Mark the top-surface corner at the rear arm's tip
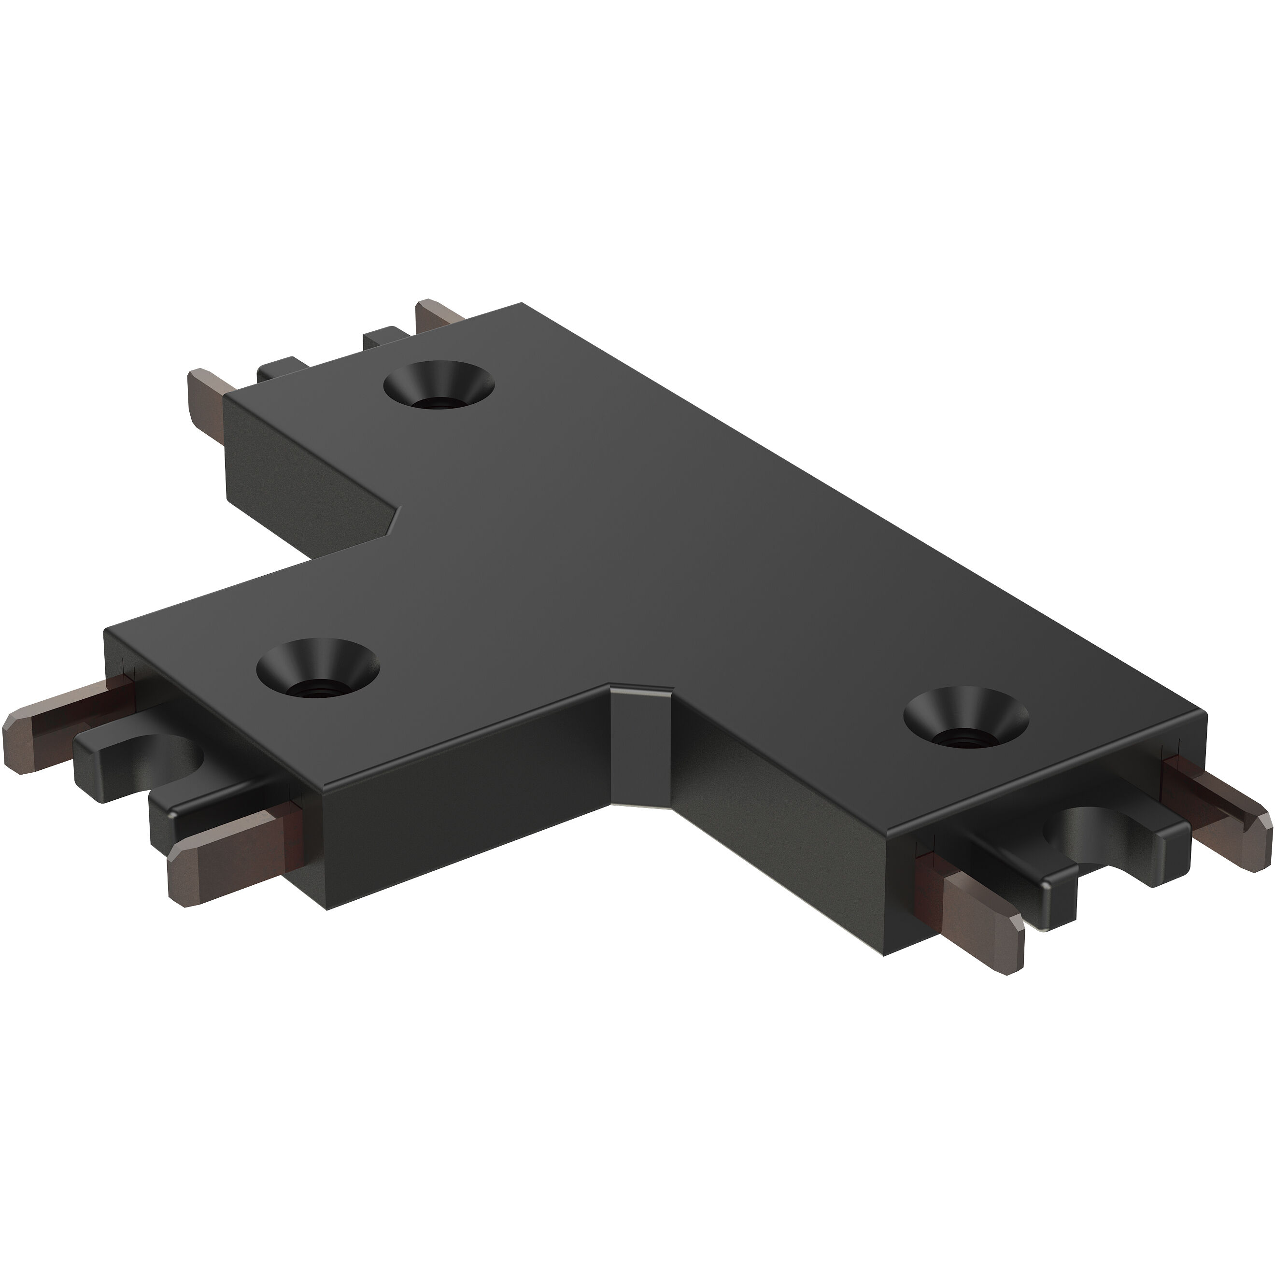522,304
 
